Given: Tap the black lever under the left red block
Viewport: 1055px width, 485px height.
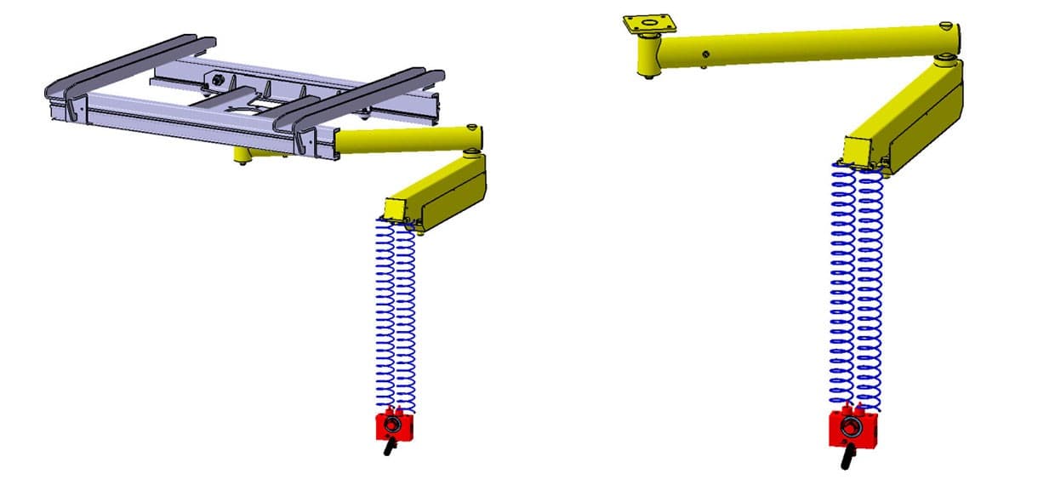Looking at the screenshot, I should pos(390,448).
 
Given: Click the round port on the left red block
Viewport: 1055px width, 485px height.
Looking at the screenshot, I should pos(392,423).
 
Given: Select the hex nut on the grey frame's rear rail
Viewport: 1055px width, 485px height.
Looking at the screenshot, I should pos(219,79).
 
